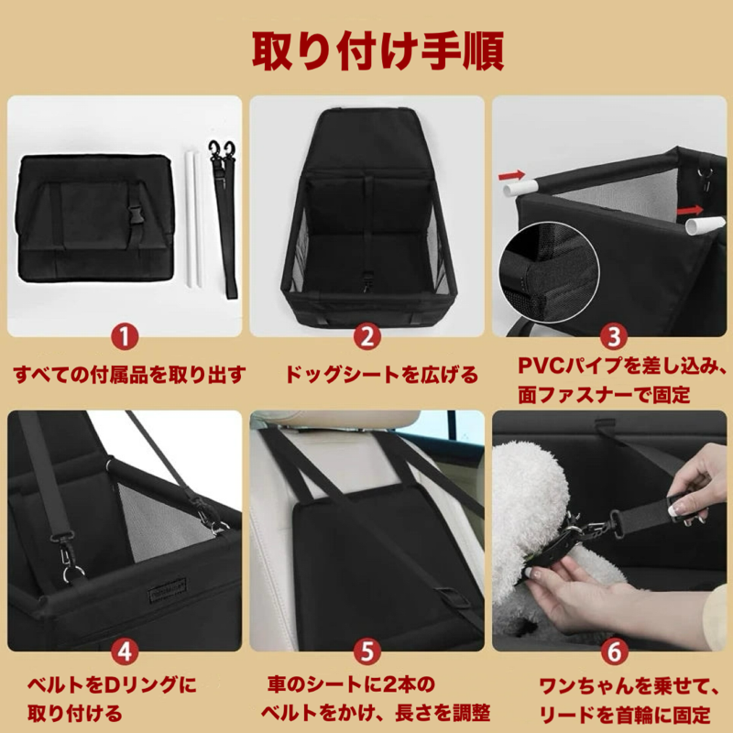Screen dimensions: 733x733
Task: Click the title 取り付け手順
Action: click(x=377, y=51)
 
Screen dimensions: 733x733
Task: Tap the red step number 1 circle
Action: click(x=125, y=336)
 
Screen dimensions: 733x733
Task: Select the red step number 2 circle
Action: click(x=367, y=336)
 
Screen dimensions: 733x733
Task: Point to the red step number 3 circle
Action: click(x=613, y=336)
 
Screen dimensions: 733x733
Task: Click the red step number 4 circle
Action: click(x=125, y=651)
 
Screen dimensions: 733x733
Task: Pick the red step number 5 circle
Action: click(x=367, y=651)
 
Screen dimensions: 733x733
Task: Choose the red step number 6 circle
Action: click(x=613, y=651)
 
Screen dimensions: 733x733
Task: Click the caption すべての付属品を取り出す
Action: click(x=129, y=375)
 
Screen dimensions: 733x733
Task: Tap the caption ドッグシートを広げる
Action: click(x=381, y=375)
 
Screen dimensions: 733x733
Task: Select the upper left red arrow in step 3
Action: click(x=511, y=176)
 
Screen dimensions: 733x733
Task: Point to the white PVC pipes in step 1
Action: click(x=195, y=218)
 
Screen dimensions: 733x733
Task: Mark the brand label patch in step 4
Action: click(x=168, y=589)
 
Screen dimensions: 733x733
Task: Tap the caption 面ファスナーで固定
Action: click(x=604, y=396)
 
